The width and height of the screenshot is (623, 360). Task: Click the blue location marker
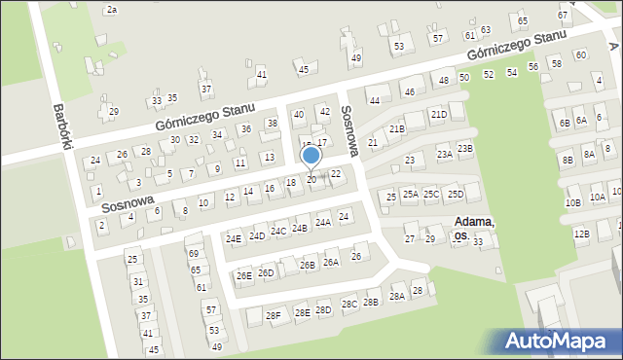[311, 157]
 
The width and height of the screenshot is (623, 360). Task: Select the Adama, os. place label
[474, 228]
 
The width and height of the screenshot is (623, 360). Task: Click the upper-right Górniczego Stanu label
[516, 44]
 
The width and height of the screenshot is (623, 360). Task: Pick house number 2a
[111, 9]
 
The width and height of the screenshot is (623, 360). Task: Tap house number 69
[193, 253]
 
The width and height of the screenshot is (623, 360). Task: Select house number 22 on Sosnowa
[336, 173]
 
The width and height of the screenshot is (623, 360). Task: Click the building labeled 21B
[396, 128]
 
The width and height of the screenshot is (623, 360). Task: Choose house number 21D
[439, 114]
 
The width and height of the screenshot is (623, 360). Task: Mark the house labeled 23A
[445, 154]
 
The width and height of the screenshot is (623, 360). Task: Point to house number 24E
[234, 238]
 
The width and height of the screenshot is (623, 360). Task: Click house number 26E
[243, 275]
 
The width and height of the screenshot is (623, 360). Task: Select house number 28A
[396, 297]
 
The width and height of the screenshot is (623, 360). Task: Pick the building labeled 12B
[581, 234]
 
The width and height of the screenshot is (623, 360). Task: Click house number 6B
[565, 123]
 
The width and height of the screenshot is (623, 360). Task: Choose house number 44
[374, 99]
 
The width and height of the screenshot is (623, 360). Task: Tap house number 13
[269, 157]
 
